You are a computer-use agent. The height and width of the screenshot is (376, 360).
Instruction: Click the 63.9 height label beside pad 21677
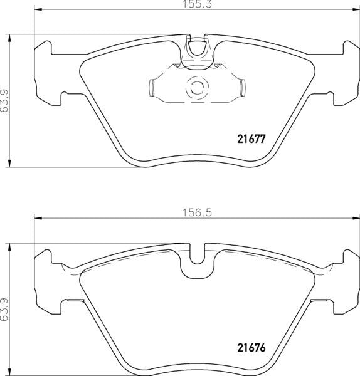tap(4, 100)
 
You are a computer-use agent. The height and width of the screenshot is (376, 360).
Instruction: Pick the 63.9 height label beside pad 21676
tap(4, 309)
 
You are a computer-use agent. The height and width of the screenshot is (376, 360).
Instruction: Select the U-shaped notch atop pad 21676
tap(196, 263)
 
